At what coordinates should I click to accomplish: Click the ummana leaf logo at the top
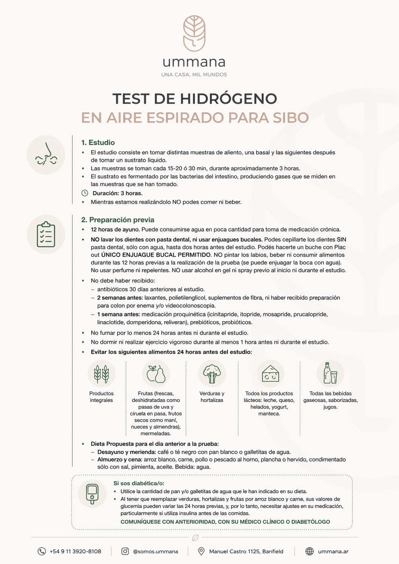(194, 33)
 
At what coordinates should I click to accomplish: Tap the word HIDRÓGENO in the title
(228, 99)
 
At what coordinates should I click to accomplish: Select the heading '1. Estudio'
(98, 143)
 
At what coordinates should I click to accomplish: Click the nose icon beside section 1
(46, 155)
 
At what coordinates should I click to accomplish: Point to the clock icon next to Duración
(85, 193)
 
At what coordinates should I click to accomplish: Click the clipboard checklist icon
(46, 235)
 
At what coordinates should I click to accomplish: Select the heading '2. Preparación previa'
(118, 220)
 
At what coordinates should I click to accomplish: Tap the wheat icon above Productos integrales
(101, 374)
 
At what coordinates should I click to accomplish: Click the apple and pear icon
(156, 374)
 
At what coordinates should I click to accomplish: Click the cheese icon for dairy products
(270, 374)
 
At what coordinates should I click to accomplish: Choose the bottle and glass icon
(330, 373)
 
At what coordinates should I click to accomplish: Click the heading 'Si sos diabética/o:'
(139, 483)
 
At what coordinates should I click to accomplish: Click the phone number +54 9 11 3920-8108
(75, 552)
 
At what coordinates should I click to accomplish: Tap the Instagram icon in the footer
(125, 552)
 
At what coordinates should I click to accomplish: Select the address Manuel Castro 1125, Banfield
(246, 552)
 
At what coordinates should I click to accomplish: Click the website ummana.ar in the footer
(333, 552)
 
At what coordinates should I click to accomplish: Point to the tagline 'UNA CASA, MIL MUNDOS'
(194, 75)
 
